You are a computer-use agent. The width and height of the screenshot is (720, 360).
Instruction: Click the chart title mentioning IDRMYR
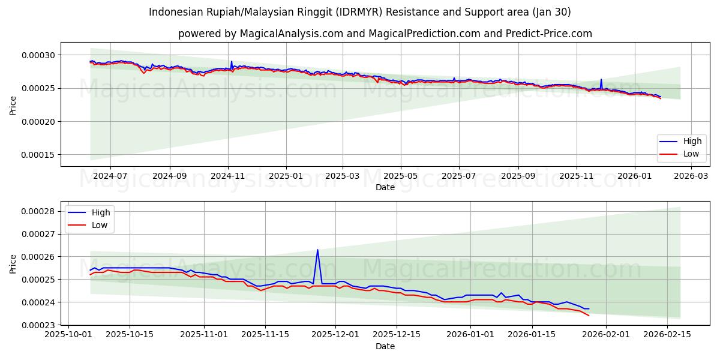[x=360, y=12]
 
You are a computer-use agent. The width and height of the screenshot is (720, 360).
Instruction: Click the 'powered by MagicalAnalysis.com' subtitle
[x=385, y=34]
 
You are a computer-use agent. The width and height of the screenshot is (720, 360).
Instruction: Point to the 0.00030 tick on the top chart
[x=38, y=55]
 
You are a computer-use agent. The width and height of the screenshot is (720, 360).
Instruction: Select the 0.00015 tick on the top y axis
[x=38, y=155]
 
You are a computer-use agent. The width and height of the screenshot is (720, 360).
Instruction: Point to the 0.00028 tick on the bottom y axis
[x=38, y=211]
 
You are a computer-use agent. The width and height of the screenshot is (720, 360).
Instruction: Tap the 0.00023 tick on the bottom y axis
[x=38, y=325]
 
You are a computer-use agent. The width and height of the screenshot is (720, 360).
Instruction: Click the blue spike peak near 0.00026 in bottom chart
[x=317, y=250]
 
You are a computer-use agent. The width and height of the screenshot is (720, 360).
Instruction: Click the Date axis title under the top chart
[x=385, y=187]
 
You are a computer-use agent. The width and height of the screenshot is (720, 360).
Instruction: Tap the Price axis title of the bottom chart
[x=13, y=263]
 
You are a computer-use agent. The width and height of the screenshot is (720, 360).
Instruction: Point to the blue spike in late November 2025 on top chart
[x=601, y=79]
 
